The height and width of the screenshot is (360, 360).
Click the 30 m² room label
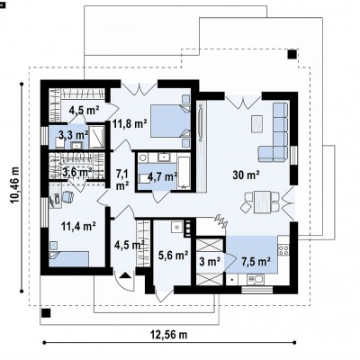click(x=246, y=175)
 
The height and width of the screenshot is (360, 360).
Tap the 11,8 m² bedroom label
click(x=130, y=123)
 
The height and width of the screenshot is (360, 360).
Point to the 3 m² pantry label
click(x=210, y=262)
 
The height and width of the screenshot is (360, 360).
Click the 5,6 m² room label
click(x=173, y=256)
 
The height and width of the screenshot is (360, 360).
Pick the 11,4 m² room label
click(x=78, y=226)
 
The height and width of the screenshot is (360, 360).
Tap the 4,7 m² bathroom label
click(x=162, y=177)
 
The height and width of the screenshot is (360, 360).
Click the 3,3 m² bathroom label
click(x=74, y=135)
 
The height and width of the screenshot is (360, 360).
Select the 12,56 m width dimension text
click(x=168, y=334)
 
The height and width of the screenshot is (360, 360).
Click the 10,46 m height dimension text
click(x=14, y=184)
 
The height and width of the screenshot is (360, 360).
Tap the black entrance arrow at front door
click(x=125, y=275)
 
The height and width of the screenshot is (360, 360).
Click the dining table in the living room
click(x=263, y=202)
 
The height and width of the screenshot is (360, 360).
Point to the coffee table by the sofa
click(x=256, y=123)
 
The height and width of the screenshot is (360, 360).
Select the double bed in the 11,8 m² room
click(x=170, y=121)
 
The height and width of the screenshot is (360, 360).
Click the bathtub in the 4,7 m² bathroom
click(x=184, y=172)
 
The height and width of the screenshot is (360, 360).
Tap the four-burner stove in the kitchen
click(x=283, y=249)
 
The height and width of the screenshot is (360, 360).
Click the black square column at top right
click(x=292, y=54)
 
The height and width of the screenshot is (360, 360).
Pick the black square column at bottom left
click(x=46, y=313)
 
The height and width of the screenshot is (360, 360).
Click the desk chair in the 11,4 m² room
click(x=67, y=197)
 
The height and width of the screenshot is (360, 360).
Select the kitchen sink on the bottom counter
click(x=255, y=280)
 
